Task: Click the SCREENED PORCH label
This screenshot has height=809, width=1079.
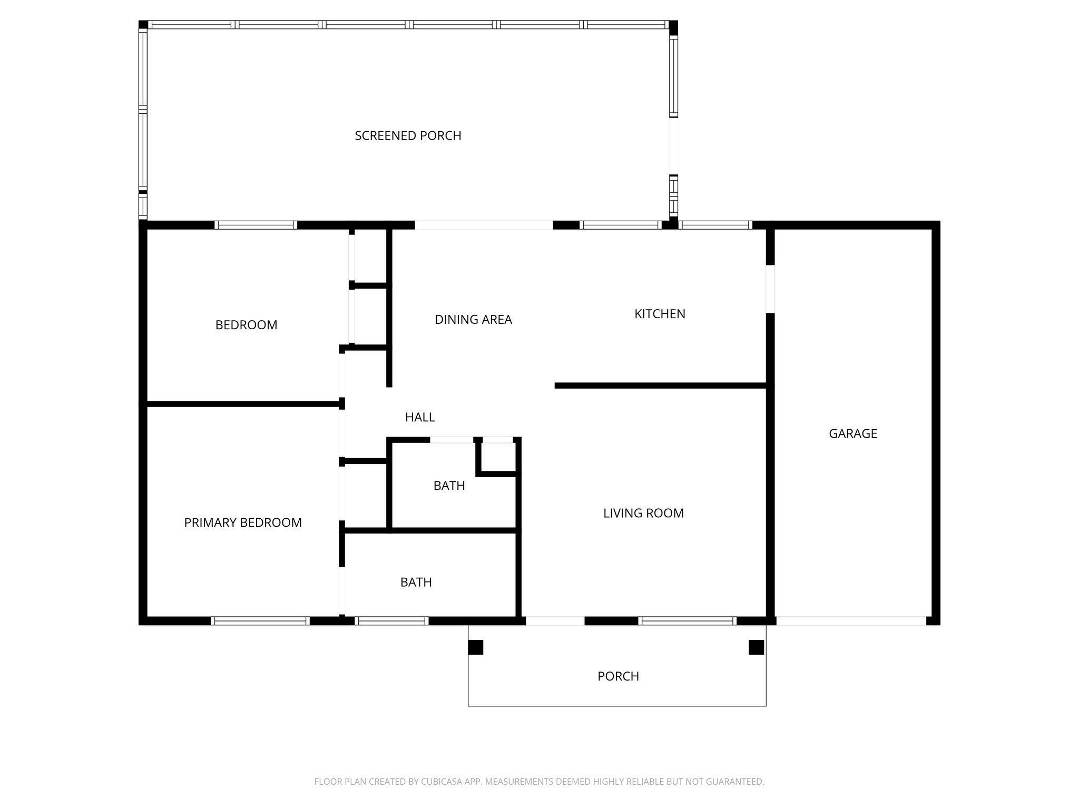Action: point(408,136)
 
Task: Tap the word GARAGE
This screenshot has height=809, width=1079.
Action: point(852,433)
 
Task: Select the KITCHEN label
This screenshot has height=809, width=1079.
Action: point(660,314)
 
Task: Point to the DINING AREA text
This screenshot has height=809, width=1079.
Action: point(473,320)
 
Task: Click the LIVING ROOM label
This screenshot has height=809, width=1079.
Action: point(643,513)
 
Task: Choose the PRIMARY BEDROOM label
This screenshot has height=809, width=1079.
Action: point(243,522)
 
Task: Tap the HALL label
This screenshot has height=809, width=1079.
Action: point(420,417)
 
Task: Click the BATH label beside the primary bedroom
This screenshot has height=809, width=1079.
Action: point(416,582)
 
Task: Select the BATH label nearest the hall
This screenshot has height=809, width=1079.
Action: point(449,486)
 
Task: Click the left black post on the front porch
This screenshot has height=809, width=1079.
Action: point(475,647)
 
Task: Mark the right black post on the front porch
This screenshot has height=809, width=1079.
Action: point(756,647)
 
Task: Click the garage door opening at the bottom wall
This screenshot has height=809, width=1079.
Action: point(851,621)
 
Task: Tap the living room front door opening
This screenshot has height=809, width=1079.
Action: point(555,621)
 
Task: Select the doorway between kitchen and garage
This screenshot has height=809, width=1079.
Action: point(770,289)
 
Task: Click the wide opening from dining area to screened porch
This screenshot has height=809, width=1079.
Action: point(484,225)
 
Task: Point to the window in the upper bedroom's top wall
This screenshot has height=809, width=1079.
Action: point(256,225)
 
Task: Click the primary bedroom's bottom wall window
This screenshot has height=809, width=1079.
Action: point(260,621)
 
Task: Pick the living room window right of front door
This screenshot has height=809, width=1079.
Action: point(686,621)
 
